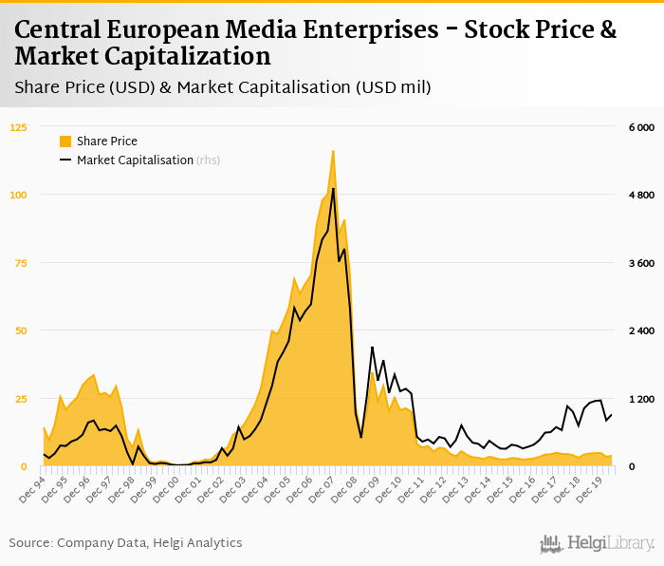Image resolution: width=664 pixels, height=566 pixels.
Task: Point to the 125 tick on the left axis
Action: pyautogui.click(x=19, y=127)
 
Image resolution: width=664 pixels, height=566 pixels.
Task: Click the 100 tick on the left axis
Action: pyautogui.click(x=19, y=195)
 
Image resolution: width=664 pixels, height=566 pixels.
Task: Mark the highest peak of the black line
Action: pyautogui.click(x=333, y=188)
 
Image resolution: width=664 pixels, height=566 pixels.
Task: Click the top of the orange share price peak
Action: pyautogui.click(x=333, y=150)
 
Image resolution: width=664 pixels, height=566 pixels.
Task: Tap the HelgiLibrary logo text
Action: pyautogui.click(x=610, y=544)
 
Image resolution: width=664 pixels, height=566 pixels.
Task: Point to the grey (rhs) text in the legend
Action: pyautogui.click(x=209, y=160)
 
